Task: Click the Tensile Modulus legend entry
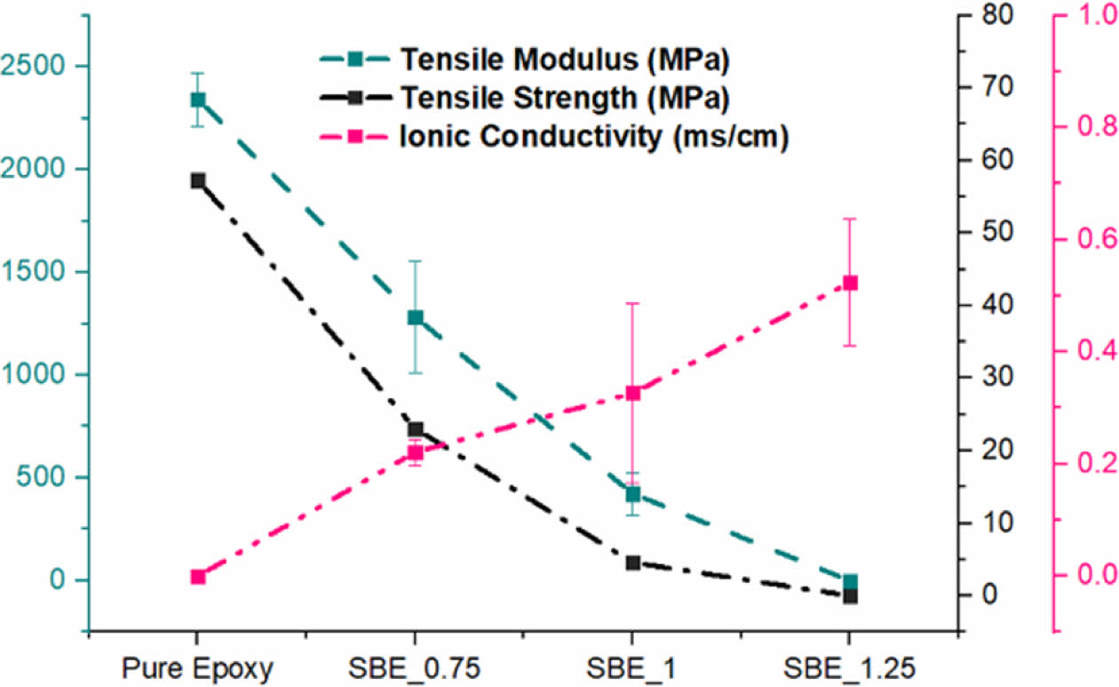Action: coord(563,60)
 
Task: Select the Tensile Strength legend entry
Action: coord(563,98)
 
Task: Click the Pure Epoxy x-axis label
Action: coord(197,668)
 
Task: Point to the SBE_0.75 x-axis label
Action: coord(415,668)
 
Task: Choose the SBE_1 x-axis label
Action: coord(631,668)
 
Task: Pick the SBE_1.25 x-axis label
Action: coord(850,668)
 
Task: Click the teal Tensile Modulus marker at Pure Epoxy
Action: coord(198,100)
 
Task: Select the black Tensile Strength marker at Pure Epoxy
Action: coord(198,180)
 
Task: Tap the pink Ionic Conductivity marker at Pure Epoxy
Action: coord(198,577)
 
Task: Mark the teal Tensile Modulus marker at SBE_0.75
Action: coord(415,318)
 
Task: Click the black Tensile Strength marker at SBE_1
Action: coord(632,563)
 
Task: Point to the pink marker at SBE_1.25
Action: coord(850,283)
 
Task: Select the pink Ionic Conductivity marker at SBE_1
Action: coord(632,393)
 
